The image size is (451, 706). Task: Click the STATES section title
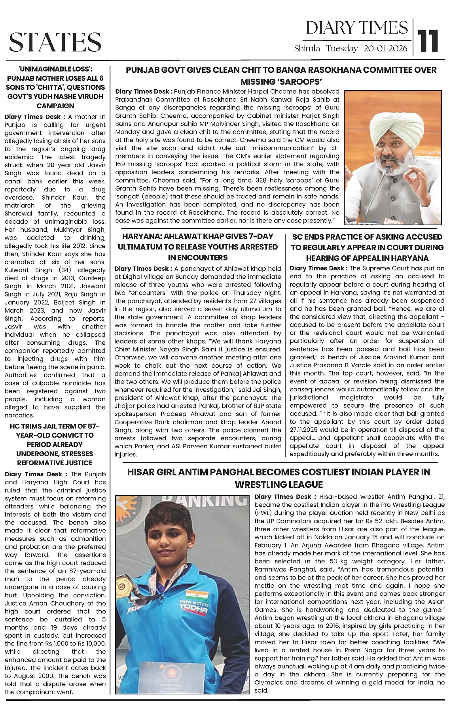coord(55,42)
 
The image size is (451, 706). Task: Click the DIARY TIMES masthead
coord(356,28)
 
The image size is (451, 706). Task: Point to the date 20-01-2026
coord(385,49)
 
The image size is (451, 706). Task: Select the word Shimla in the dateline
coord(307,49)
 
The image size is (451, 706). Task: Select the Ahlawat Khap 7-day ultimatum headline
coord(198,247)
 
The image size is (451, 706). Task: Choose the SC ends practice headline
coord(367,247)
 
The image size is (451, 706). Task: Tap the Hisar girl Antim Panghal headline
coord(279,478)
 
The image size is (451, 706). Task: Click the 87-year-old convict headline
coord(55,444)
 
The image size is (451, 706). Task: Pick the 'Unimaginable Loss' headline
coord(55,87)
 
